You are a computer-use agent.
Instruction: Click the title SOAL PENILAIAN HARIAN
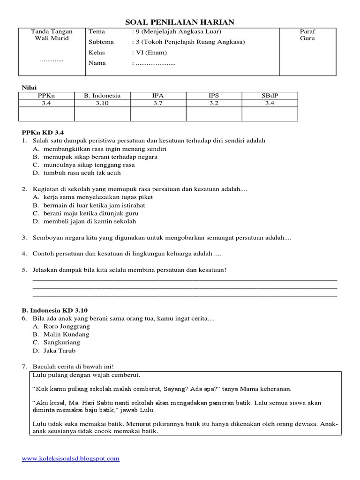pyautogui.click(x=180, y=22)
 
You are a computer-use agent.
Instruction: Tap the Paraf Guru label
pyautogui.click(x=307, y=35)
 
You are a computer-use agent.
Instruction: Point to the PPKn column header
pyautogui.click(x=46, y=96)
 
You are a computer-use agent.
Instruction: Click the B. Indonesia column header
pyautogui.click(x=102, y=96)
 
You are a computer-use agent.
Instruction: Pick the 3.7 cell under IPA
pyautogui.click(x=158, y=103)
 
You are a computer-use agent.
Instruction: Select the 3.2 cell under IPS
pyautogui.click(x=214, y=103)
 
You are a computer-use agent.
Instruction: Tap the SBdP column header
pyautogui.click(x=270, y=96)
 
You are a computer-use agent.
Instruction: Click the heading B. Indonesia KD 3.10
pyautogui.click(x=55, y=310)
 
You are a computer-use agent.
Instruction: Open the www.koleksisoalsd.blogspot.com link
pyautogui.click(x=71, y=459)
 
